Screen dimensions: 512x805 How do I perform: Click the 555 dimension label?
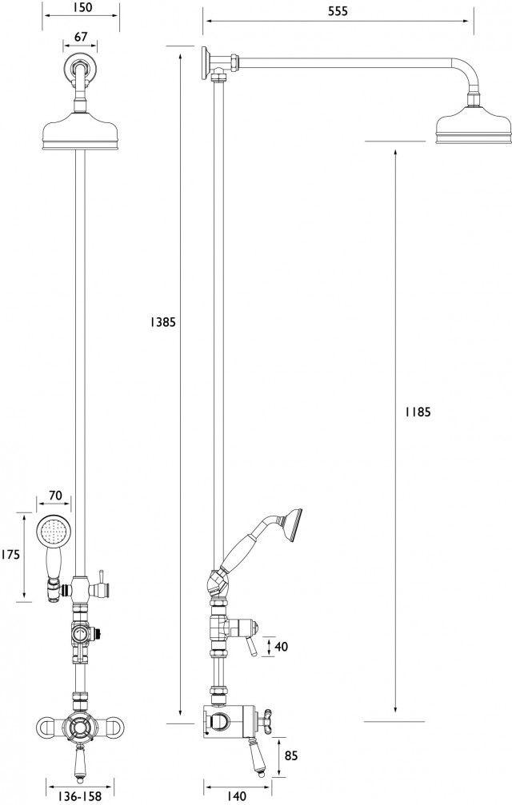(338, 11)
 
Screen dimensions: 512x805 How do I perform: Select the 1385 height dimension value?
(162, 322)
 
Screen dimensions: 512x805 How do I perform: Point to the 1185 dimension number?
(418, 412)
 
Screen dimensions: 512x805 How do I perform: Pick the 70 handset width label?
(55, 496)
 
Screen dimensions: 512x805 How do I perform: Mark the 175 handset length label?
(10, 555)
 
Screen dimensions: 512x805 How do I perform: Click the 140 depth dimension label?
(236, 796)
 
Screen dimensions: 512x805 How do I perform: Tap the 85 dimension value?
(291, 755)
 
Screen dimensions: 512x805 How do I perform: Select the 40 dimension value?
(282, 647)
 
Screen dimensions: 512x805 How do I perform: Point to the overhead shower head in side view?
(474, 123)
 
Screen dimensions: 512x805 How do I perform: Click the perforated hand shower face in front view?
(54, 532)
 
